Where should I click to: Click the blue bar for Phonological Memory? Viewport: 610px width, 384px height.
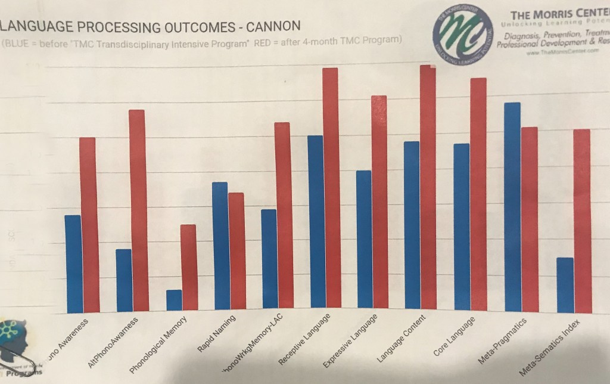pyautogui.click(x=174, y=301)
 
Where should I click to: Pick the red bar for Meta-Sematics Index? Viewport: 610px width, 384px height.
pyautogui.click(x=582, y=221)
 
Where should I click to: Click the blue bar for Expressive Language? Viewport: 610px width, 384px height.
pyautogui.click(x=364, y=241)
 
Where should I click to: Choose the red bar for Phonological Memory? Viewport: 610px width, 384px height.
pyautogui.click(x=188, y=268)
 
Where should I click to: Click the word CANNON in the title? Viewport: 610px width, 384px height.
pyautogui.click(x=267, y=26)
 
